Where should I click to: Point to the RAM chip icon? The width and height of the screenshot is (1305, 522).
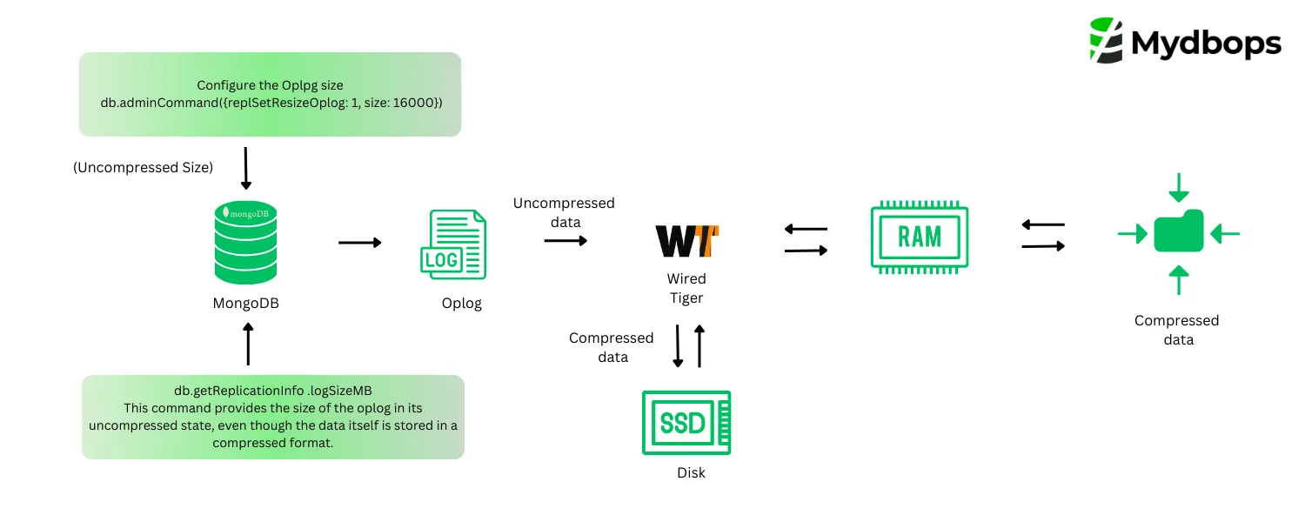[x=920, y=237]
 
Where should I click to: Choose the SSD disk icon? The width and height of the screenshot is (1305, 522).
[x=686, y=423]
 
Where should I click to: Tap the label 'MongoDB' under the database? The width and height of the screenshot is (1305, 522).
[x=246, y=304]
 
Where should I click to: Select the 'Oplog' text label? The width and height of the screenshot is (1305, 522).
[x=461, y=304]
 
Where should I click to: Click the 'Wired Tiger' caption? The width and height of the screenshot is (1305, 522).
[x=686, y=288]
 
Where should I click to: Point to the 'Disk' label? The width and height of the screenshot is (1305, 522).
[x=691, y=473]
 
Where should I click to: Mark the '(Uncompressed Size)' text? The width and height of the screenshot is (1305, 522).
[x=143, y=167]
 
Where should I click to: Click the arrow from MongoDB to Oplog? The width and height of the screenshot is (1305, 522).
[x=359, y=243]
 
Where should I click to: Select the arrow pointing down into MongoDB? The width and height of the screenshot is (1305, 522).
[x=245, y=169]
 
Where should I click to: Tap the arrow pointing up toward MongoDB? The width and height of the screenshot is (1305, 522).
[x=248, y=345]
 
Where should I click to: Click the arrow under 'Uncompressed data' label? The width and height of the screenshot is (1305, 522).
[x=565, y=239]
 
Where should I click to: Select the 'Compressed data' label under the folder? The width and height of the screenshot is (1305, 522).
[x=1177, y=330]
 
